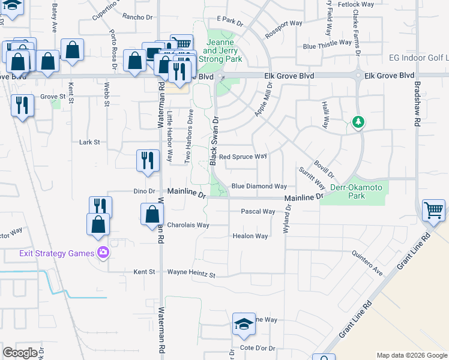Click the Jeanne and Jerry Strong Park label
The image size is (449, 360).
coord(224,51)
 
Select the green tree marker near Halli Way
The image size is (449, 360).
coord(358,123)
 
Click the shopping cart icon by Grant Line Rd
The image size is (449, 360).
coord(433,211)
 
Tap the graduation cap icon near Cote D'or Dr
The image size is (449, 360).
coord(244,325)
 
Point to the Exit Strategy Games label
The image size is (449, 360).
coord(56,253)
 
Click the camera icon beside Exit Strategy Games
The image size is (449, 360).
coord(103,253)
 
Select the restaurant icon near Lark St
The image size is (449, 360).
coord(148,160)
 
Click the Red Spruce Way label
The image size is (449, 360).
coord(243,157)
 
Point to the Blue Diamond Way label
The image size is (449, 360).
coord(259,187)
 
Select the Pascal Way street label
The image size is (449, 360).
coord(258,211)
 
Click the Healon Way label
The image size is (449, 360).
coord(250,236)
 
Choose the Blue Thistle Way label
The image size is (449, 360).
coord(327,43)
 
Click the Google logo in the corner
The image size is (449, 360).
coord(20,353)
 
